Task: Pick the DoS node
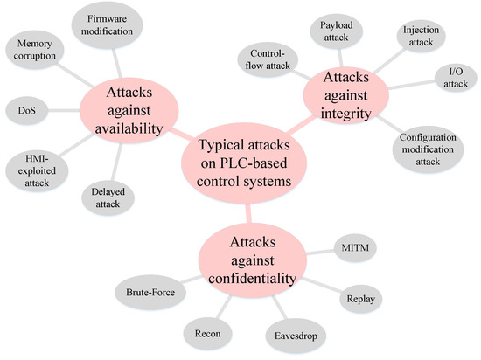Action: click(x=25, y=111)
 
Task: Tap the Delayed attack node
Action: click(x=109, y=196)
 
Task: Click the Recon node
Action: click(x=207, y=333)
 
